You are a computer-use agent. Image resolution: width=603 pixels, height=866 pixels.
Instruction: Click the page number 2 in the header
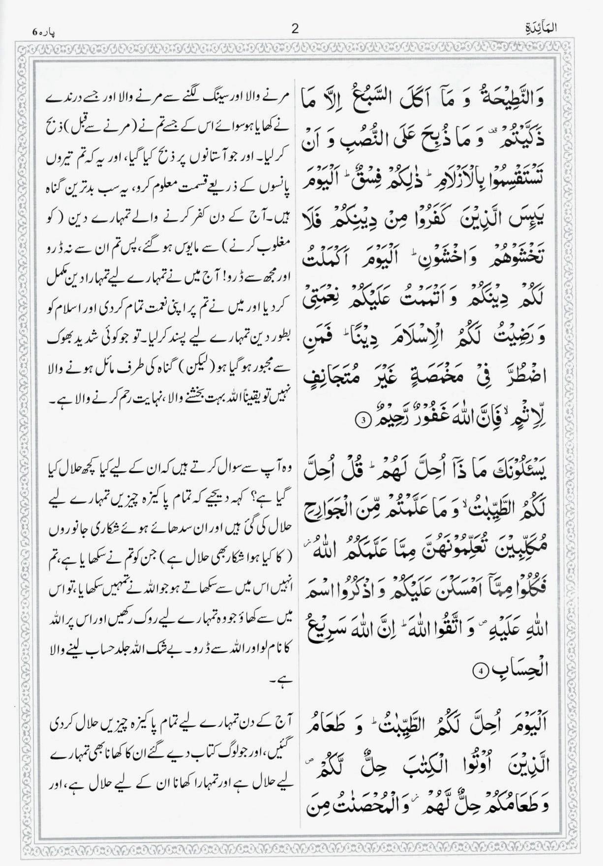[x=295, y=29]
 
